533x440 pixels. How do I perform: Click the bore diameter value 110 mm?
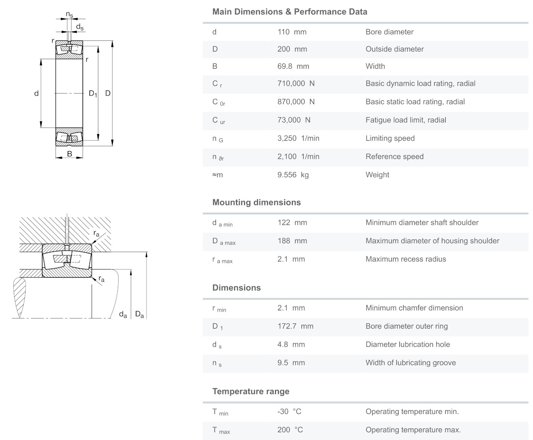pos(292,32)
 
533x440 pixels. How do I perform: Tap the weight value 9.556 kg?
pos(293,175)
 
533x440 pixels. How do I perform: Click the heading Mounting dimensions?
pos(257,202)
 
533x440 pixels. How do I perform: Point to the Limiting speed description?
pos(390,138)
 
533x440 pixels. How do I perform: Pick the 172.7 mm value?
pos(295,326)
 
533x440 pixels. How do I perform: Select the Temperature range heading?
pos(251,391)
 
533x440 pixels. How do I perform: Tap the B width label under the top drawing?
pos(70,154)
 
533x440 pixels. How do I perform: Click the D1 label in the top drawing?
pos(93,94)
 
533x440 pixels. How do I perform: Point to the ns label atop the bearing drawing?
pos(69,15)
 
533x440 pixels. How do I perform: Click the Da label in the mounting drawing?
pos(140,315)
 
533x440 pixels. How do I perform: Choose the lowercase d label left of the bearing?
pos(36,94)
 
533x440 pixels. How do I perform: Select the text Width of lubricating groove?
pos(411,363)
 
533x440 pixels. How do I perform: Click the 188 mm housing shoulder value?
pos(292,241)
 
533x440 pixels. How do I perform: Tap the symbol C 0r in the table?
pos(218,102)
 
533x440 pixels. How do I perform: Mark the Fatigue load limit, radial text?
pos(406,120)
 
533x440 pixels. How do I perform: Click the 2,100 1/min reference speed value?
pos(298,157)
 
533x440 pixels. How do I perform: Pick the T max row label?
pos(221,430)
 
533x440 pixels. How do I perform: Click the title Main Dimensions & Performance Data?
pos(290,12)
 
